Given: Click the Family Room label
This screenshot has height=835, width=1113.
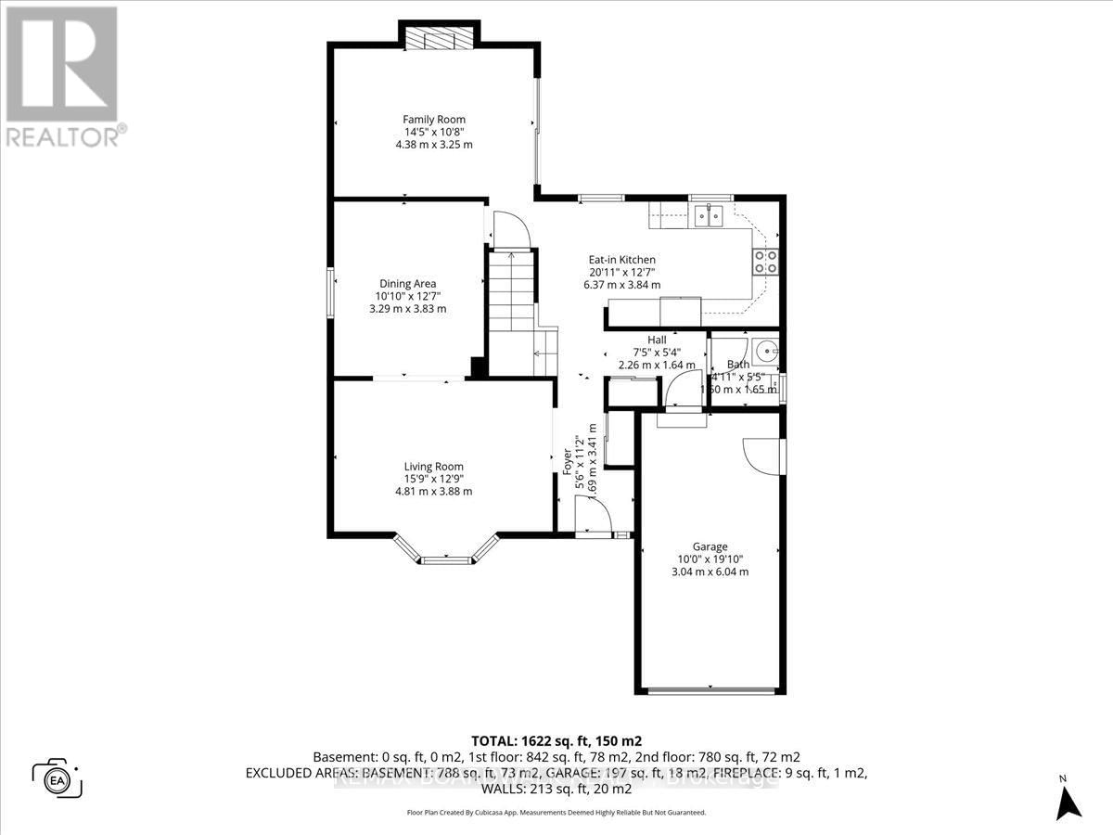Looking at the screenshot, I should (x=433, y=120).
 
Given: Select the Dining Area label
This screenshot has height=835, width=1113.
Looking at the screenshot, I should (x=407, y=284).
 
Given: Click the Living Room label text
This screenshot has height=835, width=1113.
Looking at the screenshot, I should (x=433, y=467).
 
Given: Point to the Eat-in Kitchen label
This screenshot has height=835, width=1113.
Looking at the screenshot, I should (x=622, y=260).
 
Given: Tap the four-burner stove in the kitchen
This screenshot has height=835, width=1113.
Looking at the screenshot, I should (x=765, y=262).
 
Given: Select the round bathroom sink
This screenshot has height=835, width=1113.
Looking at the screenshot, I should (x=765, y=351).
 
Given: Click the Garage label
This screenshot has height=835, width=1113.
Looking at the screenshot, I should (x=710, y=546).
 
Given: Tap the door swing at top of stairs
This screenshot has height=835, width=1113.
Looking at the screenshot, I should (x=509, y=230).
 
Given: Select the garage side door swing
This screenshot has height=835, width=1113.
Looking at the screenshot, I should (x=761, y=455).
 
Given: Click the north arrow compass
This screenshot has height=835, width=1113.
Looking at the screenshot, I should (x=1069, y=798).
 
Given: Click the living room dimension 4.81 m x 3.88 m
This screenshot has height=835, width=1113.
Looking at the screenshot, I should (x=433, y=492).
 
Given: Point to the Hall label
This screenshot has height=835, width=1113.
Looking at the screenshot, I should (x=657, y=340).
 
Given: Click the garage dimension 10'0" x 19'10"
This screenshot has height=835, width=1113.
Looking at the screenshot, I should (x=710, y=559).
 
